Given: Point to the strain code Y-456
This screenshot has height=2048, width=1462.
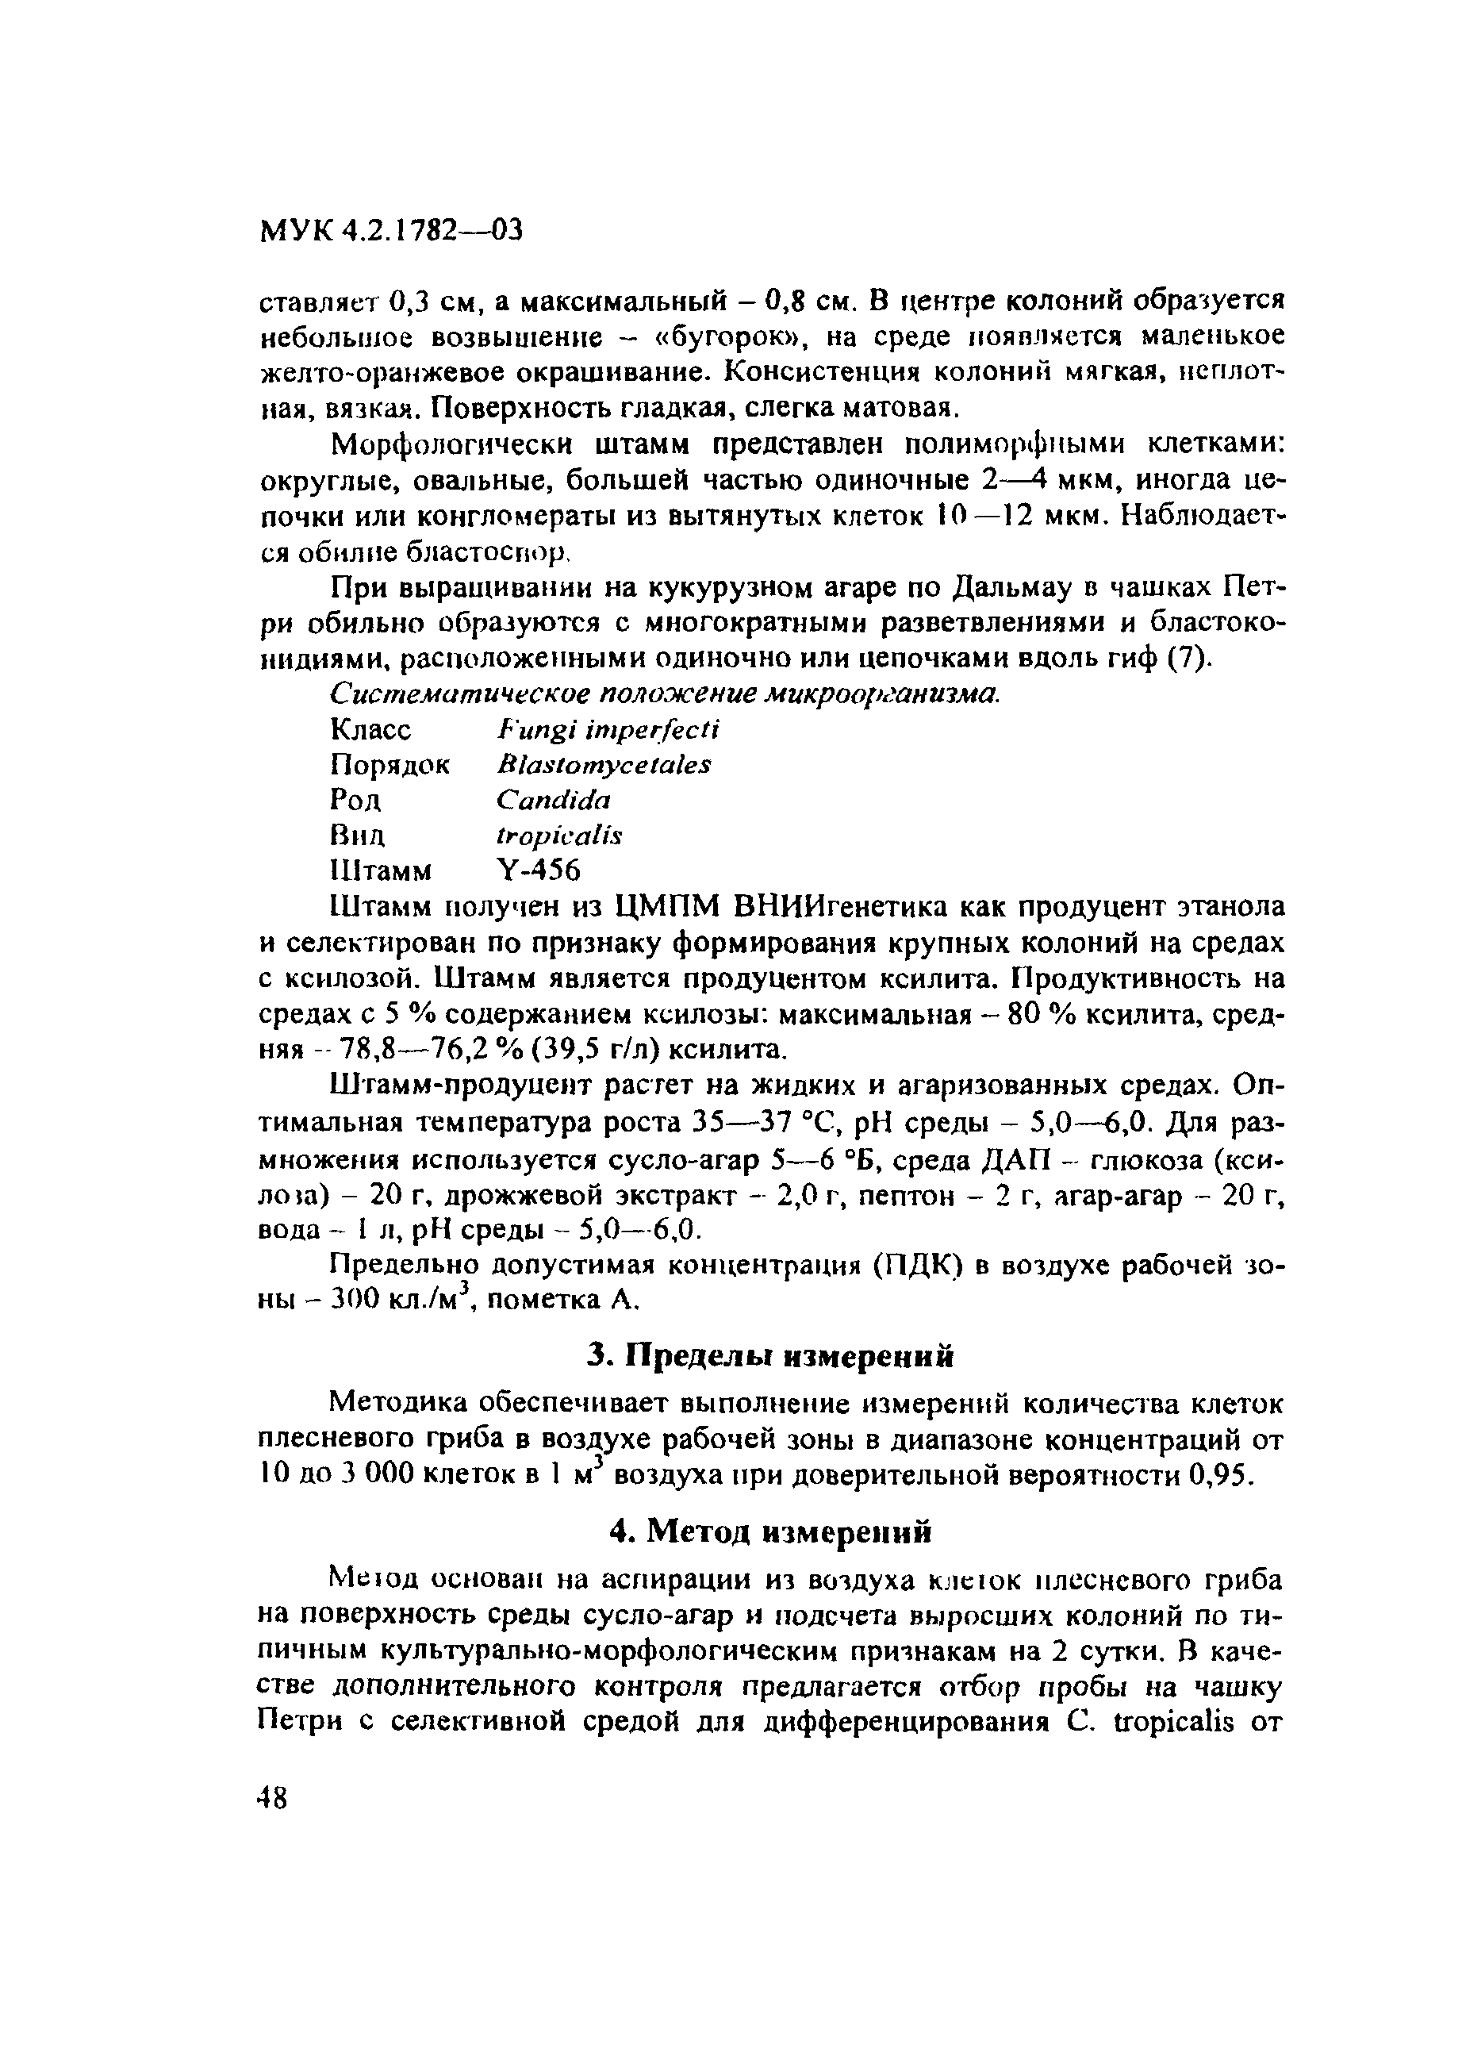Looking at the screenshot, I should pos(539,870).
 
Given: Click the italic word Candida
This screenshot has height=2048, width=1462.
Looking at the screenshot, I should pos(553,799).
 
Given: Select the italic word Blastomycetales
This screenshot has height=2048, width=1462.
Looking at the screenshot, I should pos(603,764).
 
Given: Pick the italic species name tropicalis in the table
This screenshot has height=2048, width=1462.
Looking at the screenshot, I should pos(559,836).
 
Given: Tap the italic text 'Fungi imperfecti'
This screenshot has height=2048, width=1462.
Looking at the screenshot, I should pos(608,728).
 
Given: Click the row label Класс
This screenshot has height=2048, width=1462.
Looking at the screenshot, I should pos(371,728).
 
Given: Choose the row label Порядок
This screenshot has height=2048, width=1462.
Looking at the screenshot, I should pos(389,764).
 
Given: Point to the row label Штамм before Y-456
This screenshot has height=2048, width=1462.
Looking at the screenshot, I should pos(381,870).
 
